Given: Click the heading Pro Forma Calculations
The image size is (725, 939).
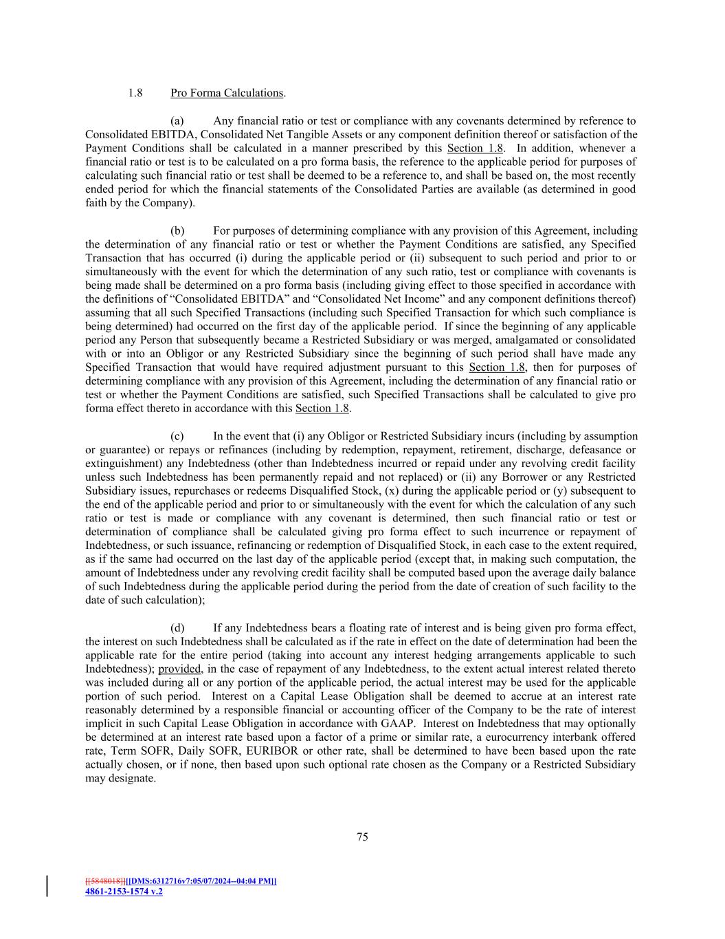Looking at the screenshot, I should (227, 93).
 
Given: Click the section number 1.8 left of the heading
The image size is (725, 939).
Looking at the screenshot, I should (135, 93).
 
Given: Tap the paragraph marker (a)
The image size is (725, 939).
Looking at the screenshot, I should (177, 121).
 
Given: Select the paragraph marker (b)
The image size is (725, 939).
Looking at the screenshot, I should (177, 230).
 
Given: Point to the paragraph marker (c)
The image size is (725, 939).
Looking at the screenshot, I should (177, 436).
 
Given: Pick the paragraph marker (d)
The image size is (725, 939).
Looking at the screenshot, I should (177, 628).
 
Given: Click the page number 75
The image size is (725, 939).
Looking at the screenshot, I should (362, 837).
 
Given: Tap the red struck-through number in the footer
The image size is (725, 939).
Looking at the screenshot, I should (105, 881).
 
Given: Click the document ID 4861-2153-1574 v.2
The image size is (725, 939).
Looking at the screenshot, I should (124, 892).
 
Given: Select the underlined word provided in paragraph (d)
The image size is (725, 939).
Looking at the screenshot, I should (179, 669).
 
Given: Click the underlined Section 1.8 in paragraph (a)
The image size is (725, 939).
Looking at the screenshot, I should (475, 149).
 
